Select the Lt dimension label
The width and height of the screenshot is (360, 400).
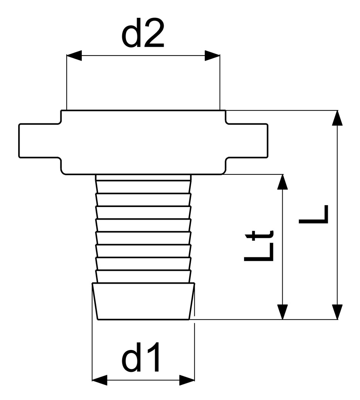[259, 246]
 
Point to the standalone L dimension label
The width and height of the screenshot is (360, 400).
[313, 214]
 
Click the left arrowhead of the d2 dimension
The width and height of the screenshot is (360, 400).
[74, 55]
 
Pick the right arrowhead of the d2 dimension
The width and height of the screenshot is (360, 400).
[212, 55]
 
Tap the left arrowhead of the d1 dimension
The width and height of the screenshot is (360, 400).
[100, 380]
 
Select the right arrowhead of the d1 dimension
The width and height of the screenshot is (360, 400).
[187, 380]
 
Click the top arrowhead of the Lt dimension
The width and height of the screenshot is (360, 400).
[283, 182]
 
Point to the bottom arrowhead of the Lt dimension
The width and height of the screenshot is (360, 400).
[283, 312]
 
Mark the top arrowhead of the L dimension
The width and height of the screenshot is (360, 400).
[337, 118]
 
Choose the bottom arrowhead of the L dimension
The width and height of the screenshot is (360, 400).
[337, 312]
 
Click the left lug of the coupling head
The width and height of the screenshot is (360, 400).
[40, 141]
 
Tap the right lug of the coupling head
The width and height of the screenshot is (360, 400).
[247, 141]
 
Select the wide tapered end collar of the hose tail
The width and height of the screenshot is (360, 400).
[143, 301]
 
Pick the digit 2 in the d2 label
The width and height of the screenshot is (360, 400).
[154, 33]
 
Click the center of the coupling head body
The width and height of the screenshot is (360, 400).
[143, 142]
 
